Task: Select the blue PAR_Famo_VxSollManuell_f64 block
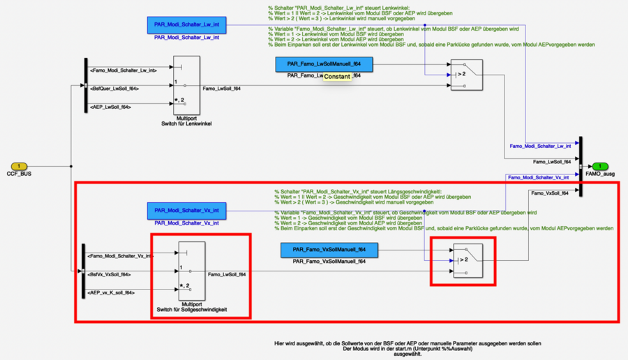click(x=324, y=249)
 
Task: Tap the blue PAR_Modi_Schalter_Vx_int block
click(x=186, y=210)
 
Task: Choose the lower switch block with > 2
click(x=466, y=260)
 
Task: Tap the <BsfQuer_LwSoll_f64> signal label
click(x=114, y=89)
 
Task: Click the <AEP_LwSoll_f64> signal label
click(x=111, y=107)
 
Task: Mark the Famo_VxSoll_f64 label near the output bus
click(x=549, y=193)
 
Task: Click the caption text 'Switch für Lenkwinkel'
click(x=186, y=123)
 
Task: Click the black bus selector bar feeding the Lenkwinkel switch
click(x=83, y=89)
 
